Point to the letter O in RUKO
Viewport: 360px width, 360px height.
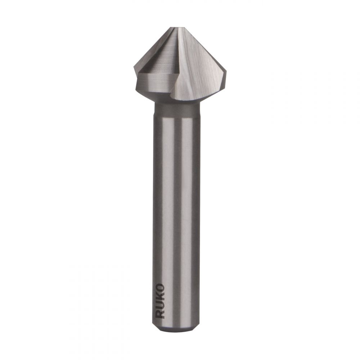tap(160, 287)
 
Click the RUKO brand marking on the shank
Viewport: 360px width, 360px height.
tap(160, 301)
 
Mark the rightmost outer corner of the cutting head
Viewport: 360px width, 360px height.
tap(226, 73)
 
